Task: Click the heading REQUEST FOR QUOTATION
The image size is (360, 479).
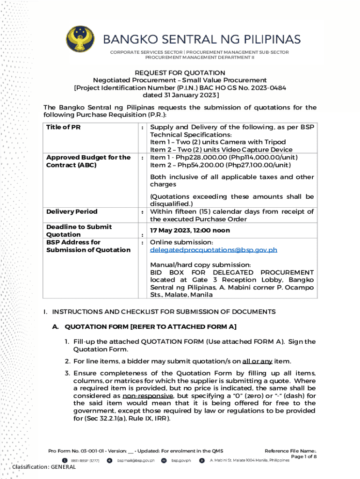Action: pos(180,73)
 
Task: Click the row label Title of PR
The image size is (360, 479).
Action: pos(64,127)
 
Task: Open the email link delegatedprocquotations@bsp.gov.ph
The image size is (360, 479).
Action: pos(213,250)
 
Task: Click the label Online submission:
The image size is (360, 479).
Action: pos(181,242)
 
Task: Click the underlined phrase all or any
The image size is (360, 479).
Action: pos(257,361)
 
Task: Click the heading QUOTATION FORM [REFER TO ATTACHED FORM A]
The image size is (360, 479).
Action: pos(150,327)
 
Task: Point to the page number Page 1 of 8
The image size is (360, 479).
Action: pos(303,457)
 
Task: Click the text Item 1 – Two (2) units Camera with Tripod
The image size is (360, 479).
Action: pos(217,142)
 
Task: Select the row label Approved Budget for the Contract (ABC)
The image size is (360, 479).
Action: pos(88,161)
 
